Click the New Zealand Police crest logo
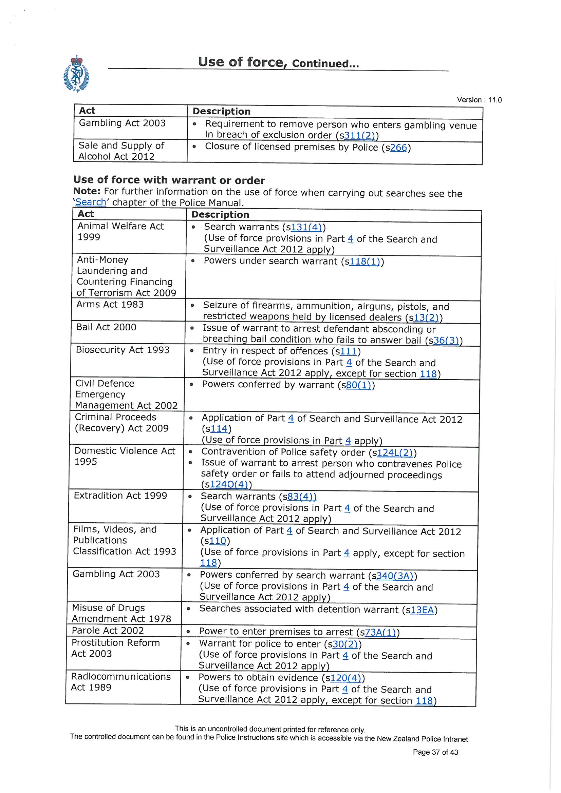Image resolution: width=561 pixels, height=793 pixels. (x=76, y=74)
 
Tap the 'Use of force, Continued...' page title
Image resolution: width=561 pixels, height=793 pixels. (x=278, y=62)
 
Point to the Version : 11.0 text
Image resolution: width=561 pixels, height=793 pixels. (x=479, y=100)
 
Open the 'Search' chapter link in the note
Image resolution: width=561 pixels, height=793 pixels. (x=91, y=202)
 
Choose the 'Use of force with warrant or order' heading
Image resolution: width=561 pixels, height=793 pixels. (x=169, y=180)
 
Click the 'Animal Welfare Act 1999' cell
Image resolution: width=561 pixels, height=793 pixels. (x=120, y=231)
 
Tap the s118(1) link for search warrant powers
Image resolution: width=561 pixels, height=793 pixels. (x=365, y=262)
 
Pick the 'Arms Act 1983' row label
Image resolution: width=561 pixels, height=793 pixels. (x=110, y=304)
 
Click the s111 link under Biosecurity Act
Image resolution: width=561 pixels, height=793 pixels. (x=348, y=351)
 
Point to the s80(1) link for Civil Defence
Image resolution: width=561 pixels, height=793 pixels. (x=358, y=385)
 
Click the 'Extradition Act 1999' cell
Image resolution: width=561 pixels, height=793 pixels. (x=120, y=496)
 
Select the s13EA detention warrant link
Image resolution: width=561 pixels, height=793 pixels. (x=422, y=610)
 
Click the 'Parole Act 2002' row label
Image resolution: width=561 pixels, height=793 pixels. (x=108, y=630)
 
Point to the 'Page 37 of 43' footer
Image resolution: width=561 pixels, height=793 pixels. (x=435, y=752)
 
